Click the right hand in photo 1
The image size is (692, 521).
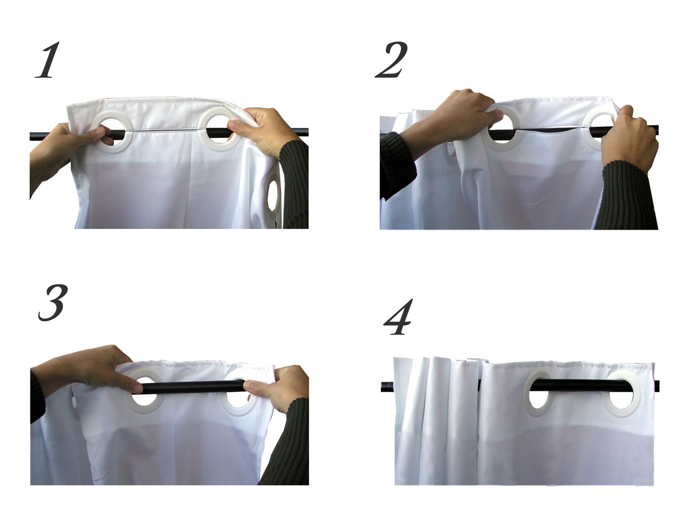[x=262, y=130]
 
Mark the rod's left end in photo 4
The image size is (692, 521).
[x=382, y=387]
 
